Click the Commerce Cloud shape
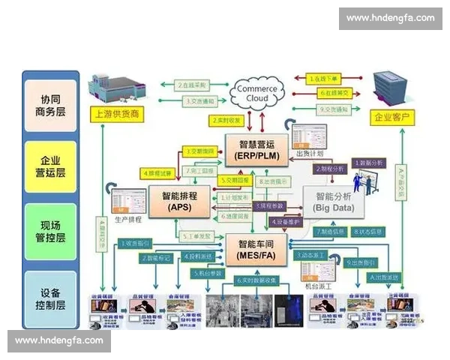[x=256, y=94]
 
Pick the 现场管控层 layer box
[x=50, y=229]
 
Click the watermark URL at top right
[x=389, y=18]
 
